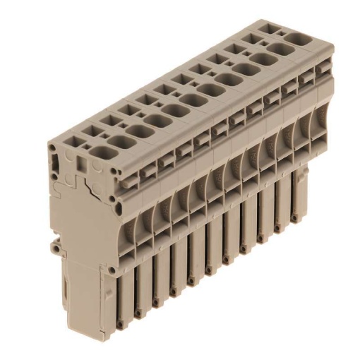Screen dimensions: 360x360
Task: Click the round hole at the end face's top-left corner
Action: pyautogui.click(x=54, y=150)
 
